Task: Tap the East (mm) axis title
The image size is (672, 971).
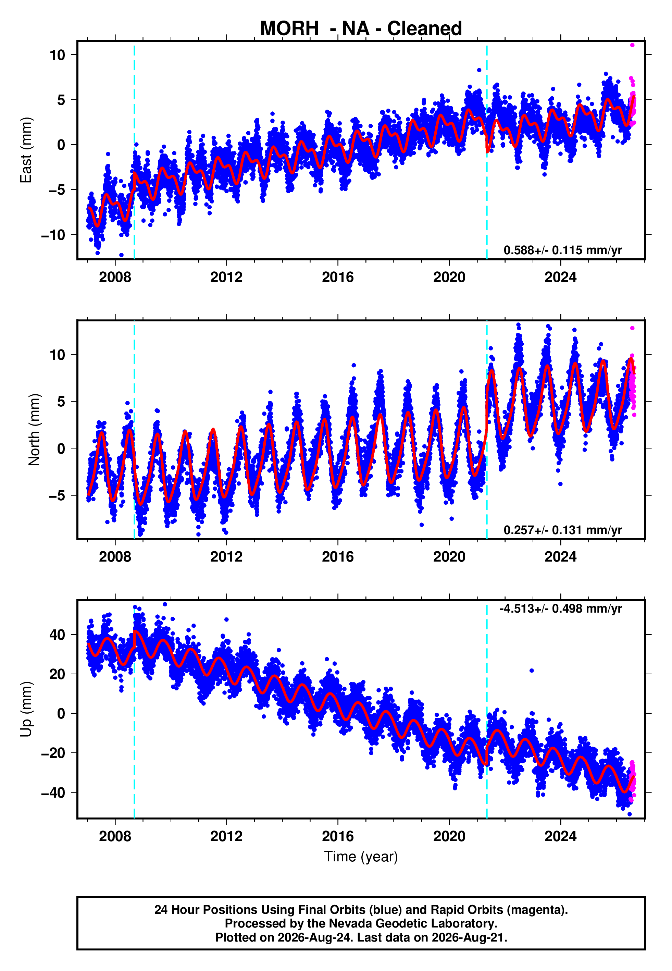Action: click(x=26, y=150)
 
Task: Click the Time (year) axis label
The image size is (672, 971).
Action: click(x=361, y=857)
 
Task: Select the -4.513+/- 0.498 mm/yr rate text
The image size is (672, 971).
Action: click(x=560, y=609)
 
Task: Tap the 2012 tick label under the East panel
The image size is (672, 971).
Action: click(x=226, y=277)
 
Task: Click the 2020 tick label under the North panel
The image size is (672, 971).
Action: click(x=449, y=557)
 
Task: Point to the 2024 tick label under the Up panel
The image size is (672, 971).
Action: click(x=560, y=836)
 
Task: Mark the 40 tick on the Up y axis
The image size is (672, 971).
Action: click(x=57, y=635)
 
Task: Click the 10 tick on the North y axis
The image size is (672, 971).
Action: click(x=57, y=355)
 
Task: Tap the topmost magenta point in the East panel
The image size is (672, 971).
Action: click(x=632, y=45)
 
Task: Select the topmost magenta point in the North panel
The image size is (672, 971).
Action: click(x=632, y=328)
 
